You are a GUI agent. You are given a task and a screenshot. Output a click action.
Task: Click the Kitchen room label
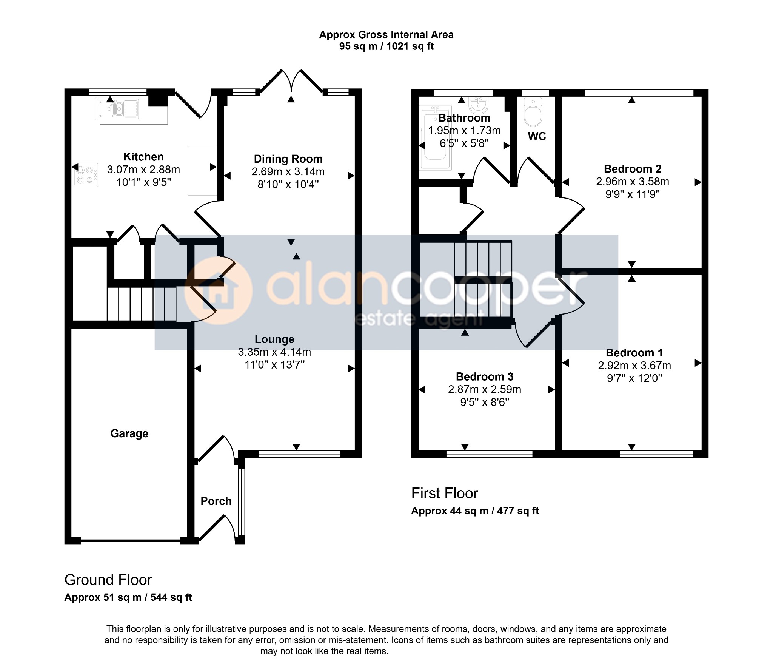[143, 157]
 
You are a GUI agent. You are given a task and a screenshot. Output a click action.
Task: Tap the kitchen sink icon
[118, 109]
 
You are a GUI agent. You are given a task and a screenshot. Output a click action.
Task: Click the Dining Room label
[288, 159]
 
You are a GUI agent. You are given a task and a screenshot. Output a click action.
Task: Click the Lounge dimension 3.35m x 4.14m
[274, 352]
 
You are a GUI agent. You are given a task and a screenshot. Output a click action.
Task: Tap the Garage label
[129, 433]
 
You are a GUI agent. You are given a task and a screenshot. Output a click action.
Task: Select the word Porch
[216, 501]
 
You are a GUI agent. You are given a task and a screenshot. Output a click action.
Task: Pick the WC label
[537, 136]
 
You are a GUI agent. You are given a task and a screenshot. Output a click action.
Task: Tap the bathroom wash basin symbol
[479, 105]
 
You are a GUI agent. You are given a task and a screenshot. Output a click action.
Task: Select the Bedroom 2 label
[633, 169]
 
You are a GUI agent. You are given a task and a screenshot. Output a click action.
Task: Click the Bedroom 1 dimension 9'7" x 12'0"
[634, 378]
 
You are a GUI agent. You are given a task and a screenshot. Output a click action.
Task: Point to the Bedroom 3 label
[485, 376]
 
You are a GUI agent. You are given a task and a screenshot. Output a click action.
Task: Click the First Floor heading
[445, 493]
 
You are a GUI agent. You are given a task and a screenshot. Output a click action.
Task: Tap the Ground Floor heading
[108, 580]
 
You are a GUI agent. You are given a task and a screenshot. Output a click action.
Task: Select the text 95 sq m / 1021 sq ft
[386, 46]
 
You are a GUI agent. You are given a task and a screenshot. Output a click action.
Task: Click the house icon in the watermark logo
[218, 290]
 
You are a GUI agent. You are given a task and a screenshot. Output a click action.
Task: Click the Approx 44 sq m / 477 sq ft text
[475, 511]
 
